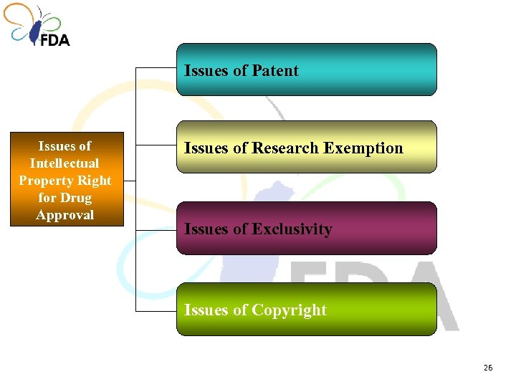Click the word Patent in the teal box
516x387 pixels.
(274, 71)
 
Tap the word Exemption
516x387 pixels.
(363, 148)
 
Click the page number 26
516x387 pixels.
(488, 368)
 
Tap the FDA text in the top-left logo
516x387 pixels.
(54, 39)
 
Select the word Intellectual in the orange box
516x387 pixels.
(64, 163)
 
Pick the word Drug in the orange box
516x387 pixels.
(76, 198)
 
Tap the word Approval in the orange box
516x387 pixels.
(65, 215)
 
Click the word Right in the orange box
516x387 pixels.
(95, 181)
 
